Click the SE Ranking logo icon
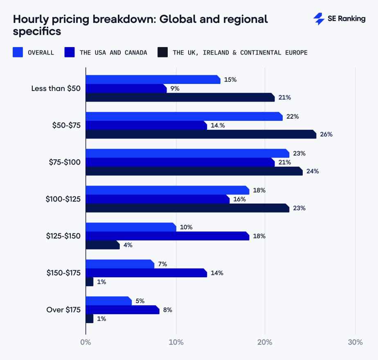click(x=319, y=19)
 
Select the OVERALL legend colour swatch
click(x=18, y=52)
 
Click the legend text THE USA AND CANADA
click(x=113, y=52)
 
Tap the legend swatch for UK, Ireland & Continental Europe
click(x=163, y=52)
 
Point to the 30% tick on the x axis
click(x=355, y=342)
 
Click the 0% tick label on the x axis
click(x=85, y=342)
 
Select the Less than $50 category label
click(x=56, y=88)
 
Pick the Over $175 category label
click(x=63, y=309)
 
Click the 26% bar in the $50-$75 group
click(x=200, y=134)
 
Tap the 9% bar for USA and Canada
click(x=126, y=88)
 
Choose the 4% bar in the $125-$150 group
click(x=102, y=245)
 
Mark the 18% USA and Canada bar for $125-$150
click(x=167, y=236)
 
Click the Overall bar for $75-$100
click(x=187, y=153)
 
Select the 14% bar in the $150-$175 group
click(x=146, y=273)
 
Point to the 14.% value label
click(x=218, y=125)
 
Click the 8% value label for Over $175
click(x=167, y=310)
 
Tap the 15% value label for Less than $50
click(x=230, y=79)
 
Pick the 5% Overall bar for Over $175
click(x=108, y=301)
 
